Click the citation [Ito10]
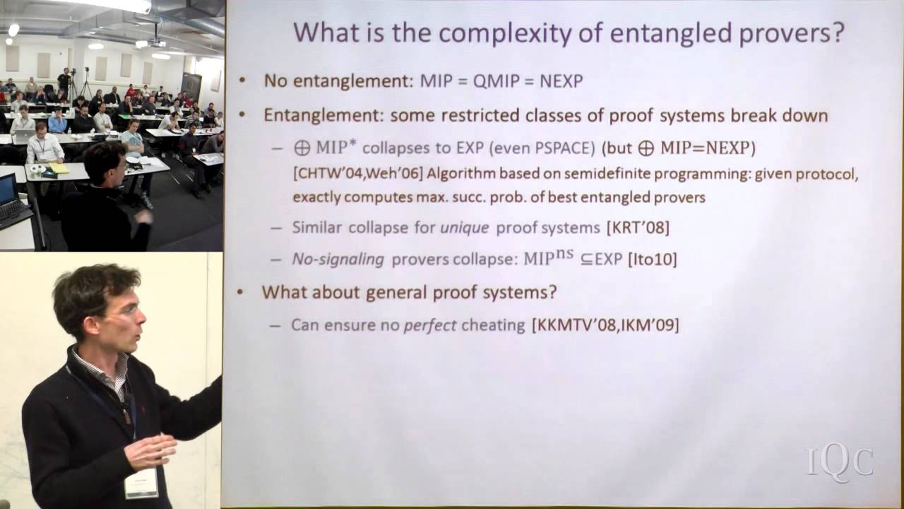coord(652,259)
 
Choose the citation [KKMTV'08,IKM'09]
coord(605,325)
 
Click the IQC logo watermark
coord(840,462)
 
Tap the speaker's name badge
coord(141,485)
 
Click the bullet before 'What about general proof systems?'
coord(242,292)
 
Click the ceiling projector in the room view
coord(155,42)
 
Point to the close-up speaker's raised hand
coord(150,451)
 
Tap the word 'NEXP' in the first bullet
coord(561,81)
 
